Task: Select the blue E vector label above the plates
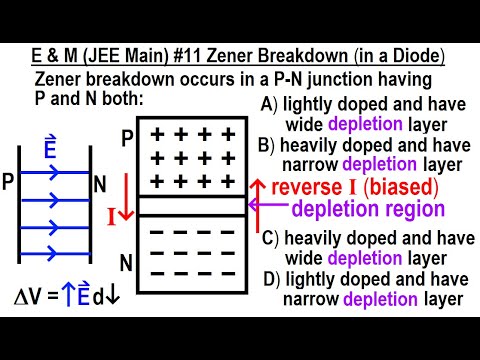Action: (51, 151)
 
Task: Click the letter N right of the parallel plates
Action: (99, 184)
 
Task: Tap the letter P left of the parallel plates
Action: (8, 184)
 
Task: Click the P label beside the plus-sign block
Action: (126, 138)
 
